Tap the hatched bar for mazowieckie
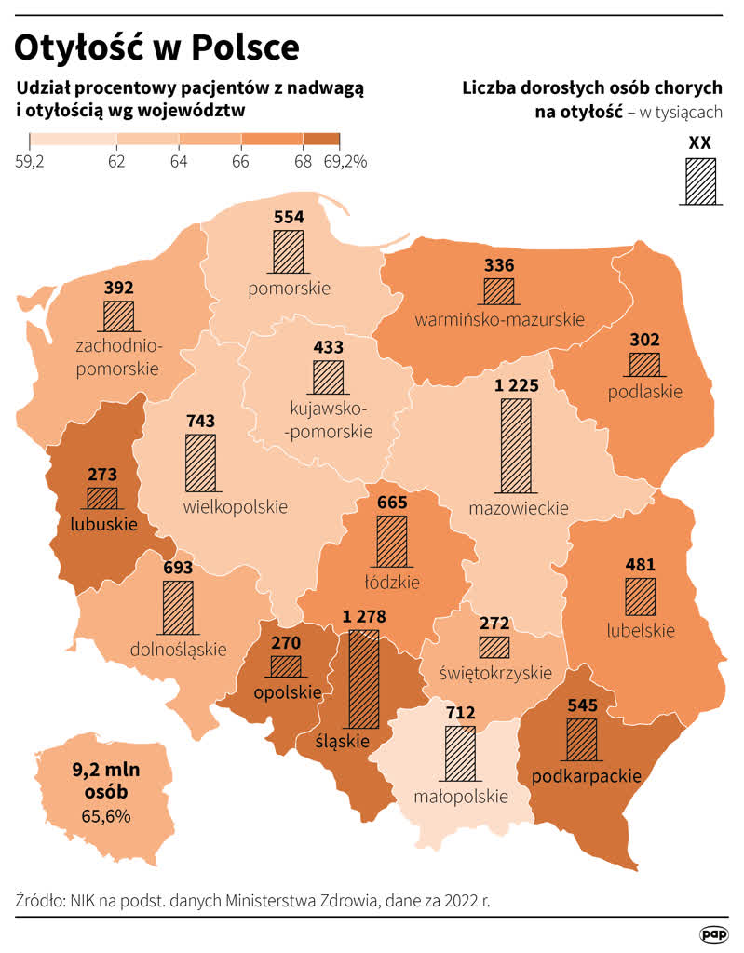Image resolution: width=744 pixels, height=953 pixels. (516, 446)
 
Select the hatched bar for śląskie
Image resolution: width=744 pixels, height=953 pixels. (363, 679)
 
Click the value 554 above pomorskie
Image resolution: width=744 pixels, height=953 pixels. (289, 216)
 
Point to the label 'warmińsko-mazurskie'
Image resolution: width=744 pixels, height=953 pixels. (499, 319)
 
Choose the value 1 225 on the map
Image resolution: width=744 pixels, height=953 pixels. (516, 386)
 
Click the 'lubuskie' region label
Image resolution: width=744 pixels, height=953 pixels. (103, 524)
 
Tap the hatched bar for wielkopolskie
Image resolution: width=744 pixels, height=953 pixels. (200, 463)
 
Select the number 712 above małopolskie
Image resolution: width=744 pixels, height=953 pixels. (460, 713)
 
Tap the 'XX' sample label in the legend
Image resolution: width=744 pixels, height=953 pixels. (700, 142)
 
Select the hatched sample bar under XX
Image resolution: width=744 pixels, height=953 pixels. (700, 181)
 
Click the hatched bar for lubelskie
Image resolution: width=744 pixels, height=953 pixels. (641, 597)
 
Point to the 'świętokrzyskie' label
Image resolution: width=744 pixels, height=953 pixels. (494, 672)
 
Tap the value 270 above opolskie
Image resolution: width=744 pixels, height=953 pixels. (286, 642)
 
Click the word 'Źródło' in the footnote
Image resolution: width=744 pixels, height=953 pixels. (40, 901)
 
